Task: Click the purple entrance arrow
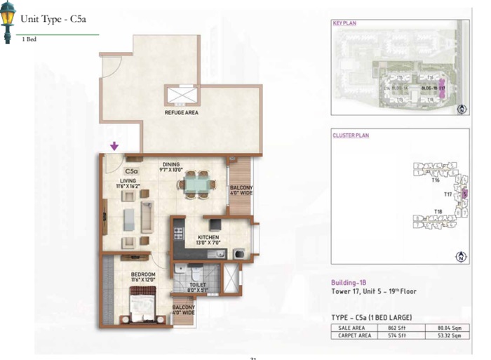coord(114,146)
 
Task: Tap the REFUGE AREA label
coord(181,112)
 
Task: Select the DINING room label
coord(172,164)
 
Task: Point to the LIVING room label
coord(128,180)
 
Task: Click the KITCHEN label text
coord(208,237)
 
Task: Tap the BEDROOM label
coord(142,274)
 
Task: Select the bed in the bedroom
coord(144,307)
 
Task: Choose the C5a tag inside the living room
coord(131,171)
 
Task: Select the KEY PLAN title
coord(344,23)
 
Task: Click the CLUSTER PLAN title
coord(351,135)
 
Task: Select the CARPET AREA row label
coord(354,336)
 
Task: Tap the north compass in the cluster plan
coord(461,257)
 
